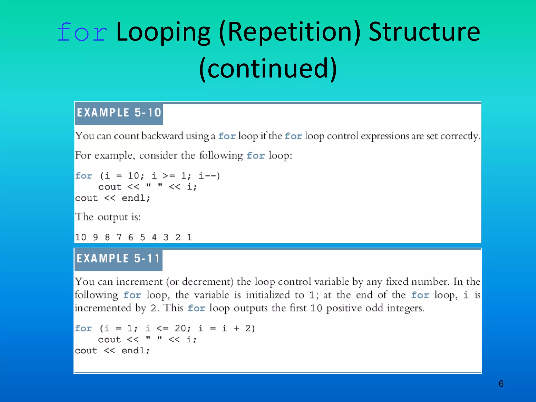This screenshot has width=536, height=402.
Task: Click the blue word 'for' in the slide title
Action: coord(82,32)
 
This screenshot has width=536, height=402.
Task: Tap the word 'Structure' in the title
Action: coord(424,32)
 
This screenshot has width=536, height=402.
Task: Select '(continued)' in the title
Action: coord(268,68)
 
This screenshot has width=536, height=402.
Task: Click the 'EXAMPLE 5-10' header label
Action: coord(119,113)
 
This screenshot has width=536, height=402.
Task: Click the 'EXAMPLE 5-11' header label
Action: coord(118,259)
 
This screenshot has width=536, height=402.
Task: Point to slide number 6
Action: coord(501,384)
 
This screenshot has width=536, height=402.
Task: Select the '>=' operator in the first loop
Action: coord(169,176)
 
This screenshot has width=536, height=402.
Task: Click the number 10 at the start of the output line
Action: coord(81,237)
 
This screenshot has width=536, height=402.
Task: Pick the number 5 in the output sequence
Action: coord(142,237)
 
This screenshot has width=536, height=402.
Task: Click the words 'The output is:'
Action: coord(108,217)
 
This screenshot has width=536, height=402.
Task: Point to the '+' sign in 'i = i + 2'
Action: coord(236,328)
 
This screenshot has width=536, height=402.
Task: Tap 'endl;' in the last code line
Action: coord(136,350)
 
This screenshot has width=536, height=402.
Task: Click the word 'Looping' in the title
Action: coord(163,33)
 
